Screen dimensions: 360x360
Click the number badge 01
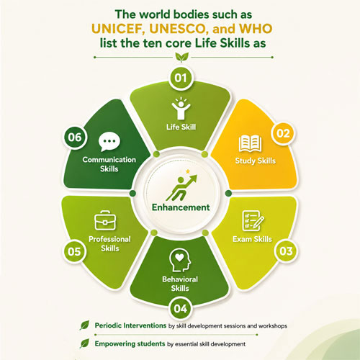181,78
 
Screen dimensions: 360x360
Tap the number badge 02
283,133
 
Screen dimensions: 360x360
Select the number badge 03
286,251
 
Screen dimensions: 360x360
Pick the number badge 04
181,308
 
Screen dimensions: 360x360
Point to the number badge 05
74,251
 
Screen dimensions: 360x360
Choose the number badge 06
75,138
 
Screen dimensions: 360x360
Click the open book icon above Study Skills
250,143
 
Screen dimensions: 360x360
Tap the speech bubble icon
109,142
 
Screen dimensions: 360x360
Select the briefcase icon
105,220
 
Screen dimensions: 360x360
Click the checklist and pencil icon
253,221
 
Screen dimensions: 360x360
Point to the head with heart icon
180,261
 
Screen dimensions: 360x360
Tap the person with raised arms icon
181,108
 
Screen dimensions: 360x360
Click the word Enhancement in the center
181,207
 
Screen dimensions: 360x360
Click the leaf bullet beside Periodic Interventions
84,325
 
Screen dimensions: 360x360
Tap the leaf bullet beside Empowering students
84,343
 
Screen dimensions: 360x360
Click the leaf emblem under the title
181,58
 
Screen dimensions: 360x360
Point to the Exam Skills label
252,239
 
